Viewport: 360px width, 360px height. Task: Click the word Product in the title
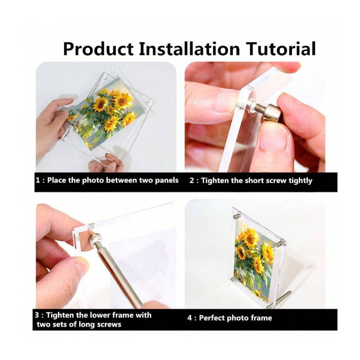(98, 49)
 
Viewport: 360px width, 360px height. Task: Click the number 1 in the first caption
(38, 180)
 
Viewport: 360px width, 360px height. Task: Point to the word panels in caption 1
(167, 180)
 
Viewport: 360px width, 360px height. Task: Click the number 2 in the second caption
(192, 180)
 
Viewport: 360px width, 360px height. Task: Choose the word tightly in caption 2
(300, 181)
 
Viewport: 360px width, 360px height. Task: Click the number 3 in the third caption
(37, 315)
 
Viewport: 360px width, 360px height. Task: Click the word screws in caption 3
(109, 324)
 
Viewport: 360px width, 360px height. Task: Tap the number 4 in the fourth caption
(189, 318)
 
